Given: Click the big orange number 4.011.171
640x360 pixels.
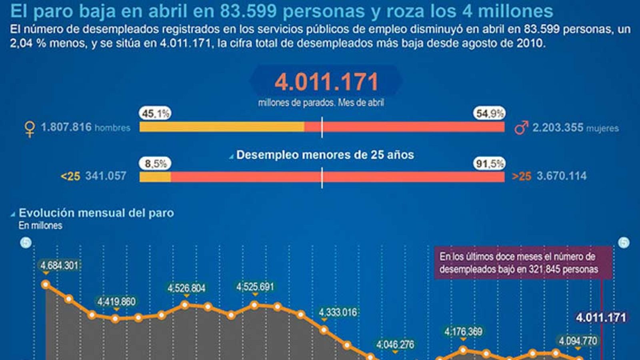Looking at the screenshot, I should tap(326, 82).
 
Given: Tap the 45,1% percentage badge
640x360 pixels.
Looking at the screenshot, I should tap(155, 114).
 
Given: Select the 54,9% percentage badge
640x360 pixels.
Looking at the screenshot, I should tap(489, 114).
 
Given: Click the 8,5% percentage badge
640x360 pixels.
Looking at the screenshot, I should tap(155, 163).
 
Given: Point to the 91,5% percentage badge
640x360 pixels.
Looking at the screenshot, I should tap(489, 163).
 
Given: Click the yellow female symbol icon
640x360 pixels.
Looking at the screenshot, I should tap(29, 129).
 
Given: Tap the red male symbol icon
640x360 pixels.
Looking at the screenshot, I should tap(521, 128).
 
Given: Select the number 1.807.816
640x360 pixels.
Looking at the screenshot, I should tap(66, 127).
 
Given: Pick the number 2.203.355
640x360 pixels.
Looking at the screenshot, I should tap(558, 128).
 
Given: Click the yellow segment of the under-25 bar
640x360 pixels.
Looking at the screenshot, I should tap(155, 177).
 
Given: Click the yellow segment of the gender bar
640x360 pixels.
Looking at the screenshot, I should tap(222, 127).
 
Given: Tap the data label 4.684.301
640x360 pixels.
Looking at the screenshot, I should tap(60, 265).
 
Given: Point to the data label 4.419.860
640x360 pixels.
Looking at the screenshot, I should tap(116, 301).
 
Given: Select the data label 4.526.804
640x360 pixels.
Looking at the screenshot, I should tap(186, 288).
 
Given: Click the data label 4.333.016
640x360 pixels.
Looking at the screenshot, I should tap(338, 312).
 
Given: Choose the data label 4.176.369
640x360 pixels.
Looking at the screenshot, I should tap(463, 331).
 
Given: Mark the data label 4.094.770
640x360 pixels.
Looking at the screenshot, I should tap(578, 341).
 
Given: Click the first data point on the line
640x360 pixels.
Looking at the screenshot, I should tap(46, 284).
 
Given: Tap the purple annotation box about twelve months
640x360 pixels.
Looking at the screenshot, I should tap(523, 262).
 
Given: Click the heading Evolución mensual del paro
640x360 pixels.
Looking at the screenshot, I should tap(96, 213).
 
